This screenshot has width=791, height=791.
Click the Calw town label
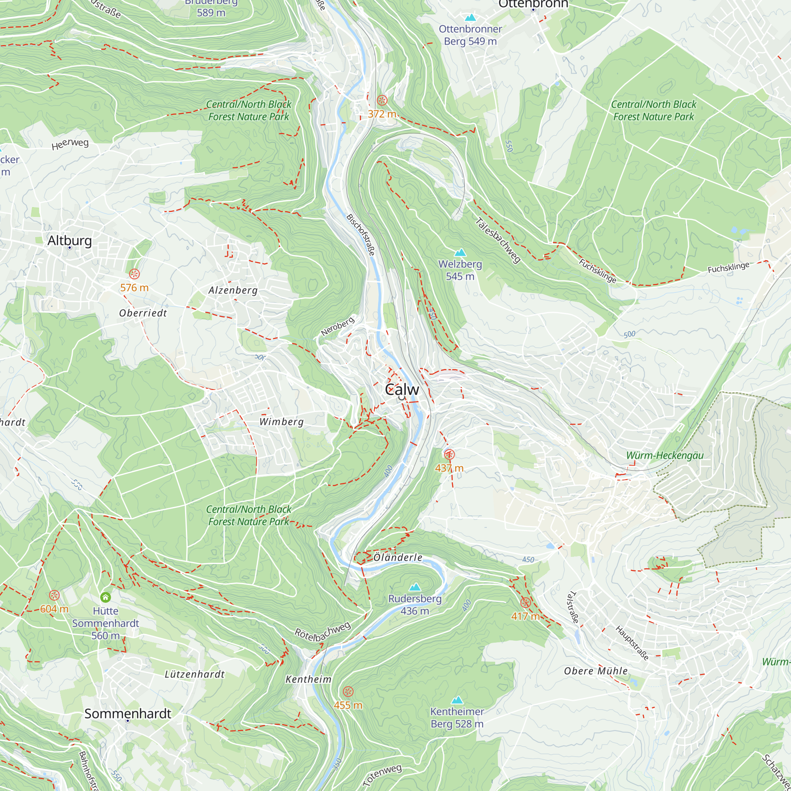[402, 389]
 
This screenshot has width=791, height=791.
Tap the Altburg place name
[70, 240]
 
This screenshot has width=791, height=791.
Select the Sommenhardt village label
[128, 713]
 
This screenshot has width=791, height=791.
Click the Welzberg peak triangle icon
[460, 252]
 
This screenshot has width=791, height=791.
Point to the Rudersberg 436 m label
[415, 605]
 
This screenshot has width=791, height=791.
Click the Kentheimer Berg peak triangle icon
[457, 700]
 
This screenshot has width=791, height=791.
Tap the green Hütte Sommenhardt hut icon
[106, 597]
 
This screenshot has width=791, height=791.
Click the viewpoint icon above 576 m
[134, 274]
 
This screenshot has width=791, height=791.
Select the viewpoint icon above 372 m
[382, 100]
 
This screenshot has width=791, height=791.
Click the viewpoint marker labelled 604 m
[55, 595]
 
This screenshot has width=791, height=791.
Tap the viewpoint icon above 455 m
[348, 691]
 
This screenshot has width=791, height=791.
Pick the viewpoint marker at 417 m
[525, 603]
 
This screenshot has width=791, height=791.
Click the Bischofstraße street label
[361, 235]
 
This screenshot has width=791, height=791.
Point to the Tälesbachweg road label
[498, 240]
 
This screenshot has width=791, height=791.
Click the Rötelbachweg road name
[323, 631]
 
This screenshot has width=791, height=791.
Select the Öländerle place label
[398, 558]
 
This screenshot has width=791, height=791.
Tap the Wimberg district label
[282, 422]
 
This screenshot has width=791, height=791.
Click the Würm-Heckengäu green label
[664, 455]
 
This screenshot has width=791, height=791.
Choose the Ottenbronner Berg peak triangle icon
[470, 18]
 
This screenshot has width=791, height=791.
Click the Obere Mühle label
[596, 671]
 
